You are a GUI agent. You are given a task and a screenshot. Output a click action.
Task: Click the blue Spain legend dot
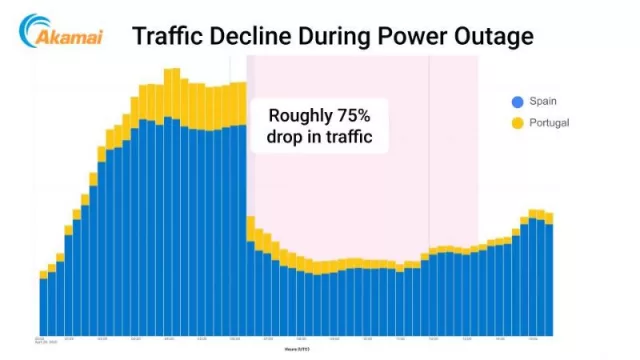(x=517, y=102)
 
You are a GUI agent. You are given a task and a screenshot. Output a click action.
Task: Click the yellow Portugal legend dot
(x=517, y=123)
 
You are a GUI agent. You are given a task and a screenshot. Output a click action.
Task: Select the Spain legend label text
(x=545, y=102)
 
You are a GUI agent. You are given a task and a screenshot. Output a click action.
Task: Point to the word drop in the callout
(x=287, y=137)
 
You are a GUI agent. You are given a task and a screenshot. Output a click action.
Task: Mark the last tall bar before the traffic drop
(x=241, y=210)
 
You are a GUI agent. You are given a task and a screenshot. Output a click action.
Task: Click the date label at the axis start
(x=44, y=340)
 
